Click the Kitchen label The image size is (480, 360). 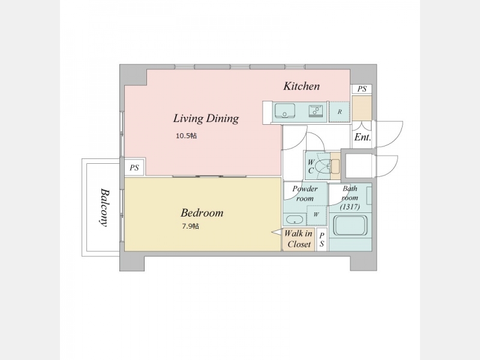pos(302,86)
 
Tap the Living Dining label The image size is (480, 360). pos(206,118)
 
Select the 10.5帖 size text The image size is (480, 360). pos(186,136)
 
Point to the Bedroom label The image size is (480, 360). pos(202,212)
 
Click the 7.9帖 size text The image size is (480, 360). pos(190,226)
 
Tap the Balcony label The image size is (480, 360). pos(104,207)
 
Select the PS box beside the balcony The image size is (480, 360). pos(134,167)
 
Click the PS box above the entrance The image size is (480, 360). pos(362,89)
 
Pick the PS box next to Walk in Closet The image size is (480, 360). pos(322,239)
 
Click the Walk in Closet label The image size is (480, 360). pos(298,239)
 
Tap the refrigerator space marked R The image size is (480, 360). pos(340,112)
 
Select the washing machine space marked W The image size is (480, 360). pos(316,215)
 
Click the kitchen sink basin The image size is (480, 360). pos(284,110)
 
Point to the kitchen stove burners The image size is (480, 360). pos(317,111)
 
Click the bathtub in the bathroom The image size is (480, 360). pos(350,226)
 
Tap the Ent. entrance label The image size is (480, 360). pos(362,137)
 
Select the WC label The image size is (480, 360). pos(311,167)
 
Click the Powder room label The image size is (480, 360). pos(305,193)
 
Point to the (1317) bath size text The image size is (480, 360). pos(350,207)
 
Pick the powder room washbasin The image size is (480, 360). pos(295,220)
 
